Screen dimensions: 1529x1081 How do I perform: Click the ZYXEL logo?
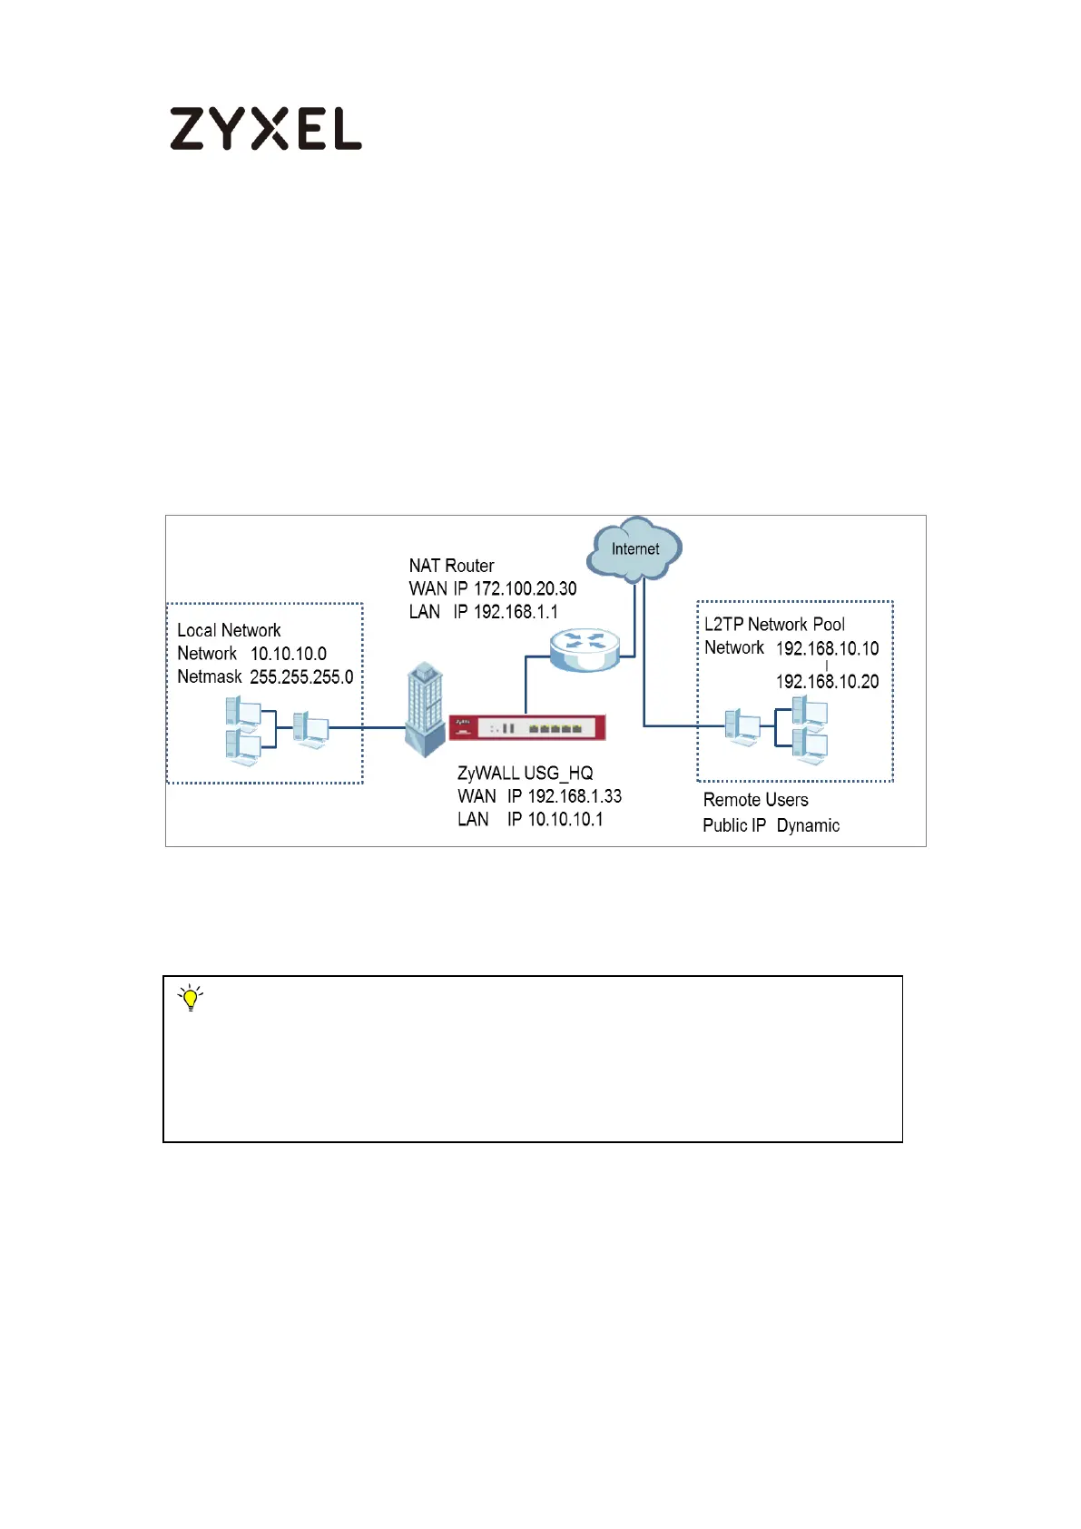(x=265, y=129)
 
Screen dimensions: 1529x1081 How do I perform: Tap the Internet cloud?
(x=634, y=549)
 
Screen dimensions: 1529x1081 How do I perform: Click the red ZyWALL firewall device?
(x=526, y=727)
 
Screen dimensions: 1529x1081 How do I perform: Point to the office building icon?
(x=424, y=709)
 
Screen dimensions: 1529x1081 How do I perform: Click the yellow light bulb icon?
(x=191, y=998)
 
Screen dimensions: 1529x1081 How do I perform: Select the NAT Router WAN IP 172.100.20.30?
(x=525, y=588)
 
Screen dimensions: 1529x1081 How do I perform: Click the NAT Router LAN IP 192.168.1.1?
(x=516, y=612)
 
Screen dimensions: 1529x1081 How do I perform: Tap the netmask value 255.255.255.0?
(x=301, y=676)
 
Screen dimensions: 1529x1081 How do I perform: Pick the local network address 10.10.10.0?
(x=288, y=654)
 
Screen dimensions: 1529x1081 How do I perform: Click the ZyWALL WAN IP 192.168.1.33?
(x=575, y=796)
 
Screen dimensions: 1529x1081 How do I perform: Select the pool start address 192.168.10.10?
(x=827, y=648)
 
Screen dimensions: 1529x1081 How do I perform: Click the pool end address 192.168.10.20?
(x=827, y=682)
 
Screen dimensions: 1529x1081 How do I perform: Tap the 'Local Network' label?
(x=229, y=630)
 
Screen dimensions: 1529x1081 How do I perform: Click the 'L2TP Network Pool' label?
(x=774, y=625)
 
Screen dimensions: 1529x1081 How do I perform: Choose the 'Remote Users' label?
(x=755, y=800)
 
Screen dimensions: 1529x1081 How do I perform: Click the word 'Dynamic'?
(x=808, y=825)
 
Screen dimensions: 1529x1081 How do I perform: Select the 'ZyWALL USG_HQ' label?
(x=525, y=773)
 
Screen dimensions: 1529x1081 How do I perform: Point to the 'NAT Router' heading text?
(x=451, y=566)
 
